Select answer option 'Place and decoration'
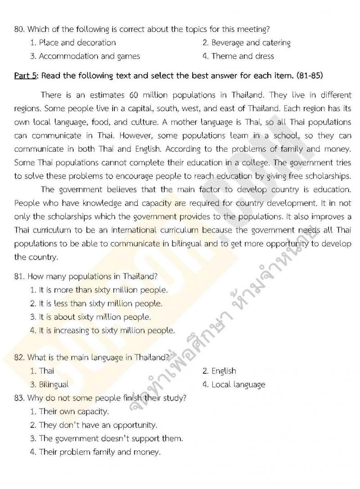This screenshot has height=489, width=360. [77, 43]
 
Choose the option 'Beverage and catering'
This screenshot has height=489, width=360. [251, 43]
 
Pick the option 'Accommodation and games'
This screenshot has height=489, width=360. [89, 56]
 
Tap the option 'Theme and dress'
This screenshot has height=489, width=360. [243, 56]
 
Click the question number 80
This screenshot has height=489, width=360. [19, 30]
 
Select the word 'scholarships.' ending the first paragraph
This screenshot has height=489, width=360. [329, 176]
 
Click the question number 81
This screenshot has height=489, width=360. [19, 277]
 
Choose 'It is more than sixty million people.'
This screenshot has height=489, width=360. [103, 290]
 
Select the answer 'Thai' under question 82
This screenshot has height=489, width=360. [46, 371]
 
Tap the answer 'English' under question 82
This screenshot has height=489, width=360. [224, 371]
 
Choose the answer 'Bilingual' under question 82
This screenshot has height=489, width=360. [54, 385]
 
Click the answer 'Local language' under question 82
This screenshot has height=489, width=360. [238, 385]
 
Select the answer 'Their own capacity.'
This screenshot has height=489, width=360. [74, 412]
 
